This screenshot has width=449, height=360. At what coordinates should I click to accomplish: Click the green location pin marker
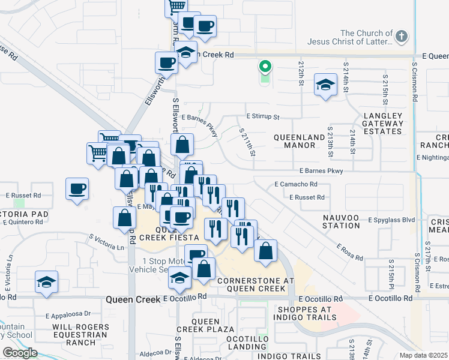[264, 67]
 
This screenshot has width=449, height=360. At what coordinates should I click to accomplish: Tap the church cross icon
[402, 37]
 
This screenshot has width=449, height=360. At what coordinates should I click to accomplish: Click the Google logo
[20, 352]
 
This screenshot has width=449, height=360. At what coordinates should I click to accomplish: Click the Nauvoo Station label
[340, 221]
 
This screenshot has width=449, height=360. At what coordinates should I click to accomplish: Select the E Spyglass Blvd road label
[391, 220]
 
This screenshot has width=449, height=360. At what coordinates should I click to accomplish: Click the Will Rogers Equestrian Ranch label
[80, 335]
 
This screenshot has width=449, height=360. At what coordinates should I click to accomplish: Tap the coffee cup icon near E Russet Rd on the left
[77, 190]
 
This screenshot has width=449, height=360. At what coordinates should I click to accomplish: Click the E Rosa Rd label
[349, 252]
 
